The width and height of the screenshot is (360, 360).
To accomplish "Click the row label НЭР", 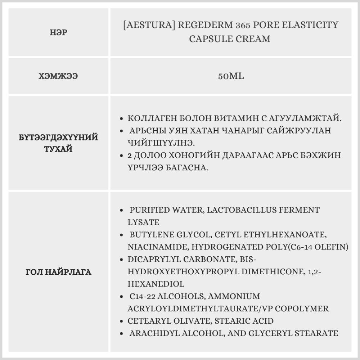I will [58, 33].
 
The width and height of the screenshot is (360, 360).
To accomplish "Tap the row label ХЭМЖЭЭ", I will [58, 76].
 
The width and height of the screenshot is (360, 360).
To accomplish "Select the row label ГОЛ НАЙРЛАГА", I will [58, 272].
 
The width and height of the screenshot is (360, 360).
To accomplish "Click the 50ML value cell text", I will [231, 76].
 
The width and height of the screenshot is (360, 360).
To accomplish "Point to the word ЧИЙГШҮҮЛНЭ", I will [161, 143].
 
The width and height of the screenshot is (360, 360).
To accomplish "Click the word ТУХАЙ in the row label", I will [58, 149].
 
